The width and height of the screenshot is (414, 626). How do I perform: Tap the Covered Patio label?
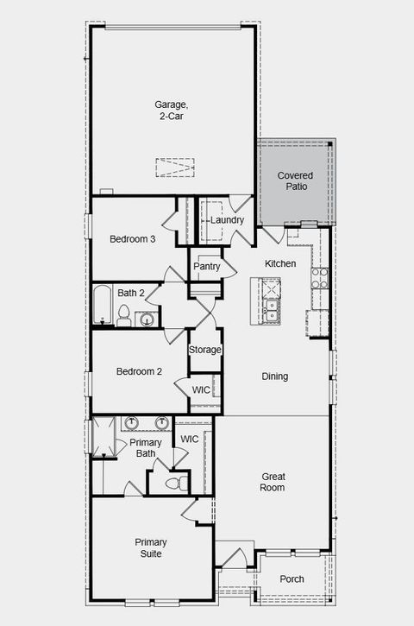pos(295,180)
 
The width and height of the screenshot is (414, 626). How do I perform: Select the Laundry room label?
pos(228,220)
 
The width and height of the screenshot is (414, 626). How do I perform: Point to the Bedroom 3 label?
pos(132,239)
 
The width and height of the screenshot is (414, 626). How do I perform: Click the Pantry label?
pos(207,267)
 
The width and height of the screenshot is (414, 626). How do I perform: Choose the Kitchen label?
pos(280,263)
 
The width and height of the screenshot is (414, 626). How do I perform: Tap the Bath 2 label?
pos(131,293)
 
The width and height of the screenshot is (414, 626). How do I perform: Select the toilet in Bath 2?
pos(123,317)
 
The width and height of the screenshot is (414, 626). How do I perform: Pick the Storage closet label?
pos(205,350)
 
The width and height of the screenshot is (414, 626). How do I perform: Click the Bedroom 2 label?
pos(140,372)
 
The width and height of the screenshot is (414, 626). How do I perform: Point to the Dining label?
pos(274,376)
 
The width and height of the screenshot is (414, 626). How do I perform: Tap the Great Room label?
pos(273,482)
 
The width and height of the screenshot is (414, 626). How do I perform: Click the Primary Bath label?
pos(146,448)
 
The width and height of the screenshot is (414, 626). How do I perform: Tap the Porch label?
pos(292,579)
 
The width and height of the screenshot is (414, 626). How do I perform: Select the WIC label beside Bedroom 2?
pos(201,390)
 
